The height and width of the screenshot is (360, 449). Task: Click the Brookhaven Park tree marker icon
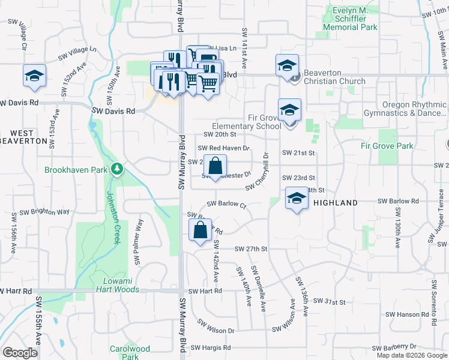[117, 170]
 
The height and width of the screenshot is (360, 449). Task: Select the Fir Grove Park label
[387, 146]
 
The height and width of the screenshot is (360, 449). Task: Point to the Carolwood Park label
[130, 352]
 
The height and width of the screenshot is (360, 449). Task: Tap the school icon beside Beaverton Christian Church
[288, 65]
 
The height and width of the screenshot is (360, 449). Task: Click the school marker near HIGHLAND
[297, 199]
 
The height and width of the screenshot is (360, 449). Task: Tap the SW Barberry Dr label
[394, 347]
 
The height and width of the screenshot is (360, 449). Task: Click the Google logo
[20, 352]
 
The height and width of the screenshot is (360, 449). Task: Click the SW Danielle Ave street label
[258, 289]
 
